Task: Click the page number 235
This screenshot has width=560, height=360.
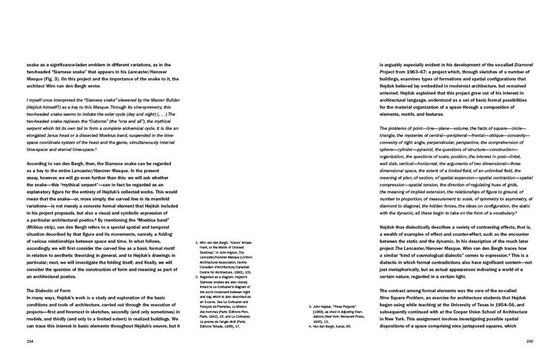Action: (530, 341)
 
